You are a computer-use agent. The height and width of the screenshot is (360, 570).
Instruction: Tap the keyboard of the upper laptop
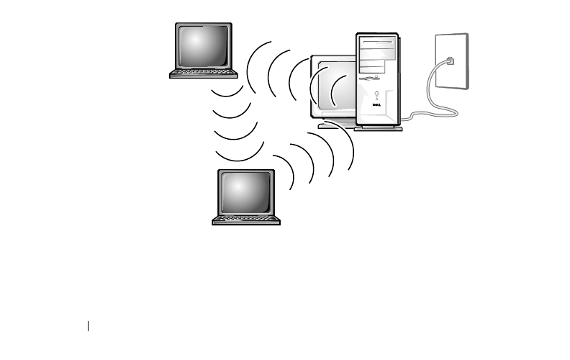click(x=204, y=73)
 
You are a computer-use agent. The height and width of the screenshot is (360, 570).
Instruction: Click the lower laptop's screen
click(x=247, y=192)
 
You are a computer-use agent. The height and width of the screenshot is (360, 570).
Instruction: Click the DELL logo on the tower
click(x=375, y=106)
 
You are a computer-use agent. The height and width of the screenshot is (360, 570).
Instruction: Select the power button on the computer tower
click(x=375, y=94)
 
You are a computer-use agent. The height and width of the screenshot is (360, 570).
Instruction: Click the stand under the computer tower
click(x=378, y=129)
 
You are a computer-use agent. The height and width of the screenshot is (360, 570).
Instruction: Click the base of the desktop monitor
click(x=335, y=125)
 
